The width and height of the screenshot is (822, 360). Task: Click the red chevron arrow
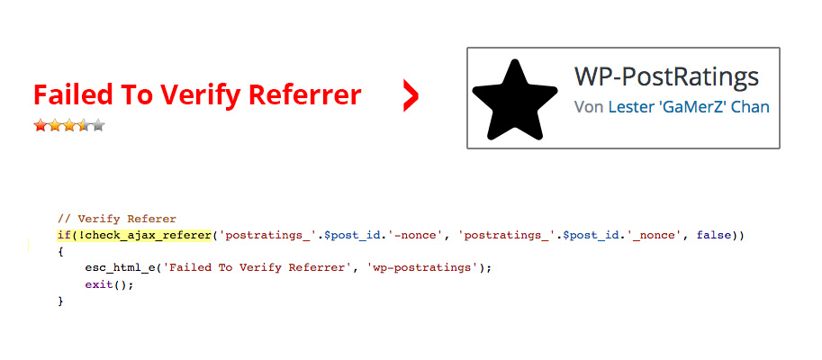point(411,96)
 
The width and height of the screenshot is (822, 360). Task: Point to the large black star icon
point(515,100)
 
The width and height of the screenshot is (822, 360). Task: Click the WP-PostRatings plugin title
point(666,76)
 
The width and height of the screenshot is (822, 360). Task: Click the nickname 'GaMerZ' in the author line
point(690,107)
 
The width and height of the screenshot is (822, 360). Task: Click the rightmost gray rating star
point(98,125)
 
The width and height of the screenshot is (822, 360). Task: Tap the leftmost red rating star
point(40,125)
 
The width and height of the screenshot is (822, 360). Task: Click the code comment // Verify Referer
point(117,219)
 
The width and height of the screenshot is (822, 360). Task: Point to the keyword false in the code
point(713,235)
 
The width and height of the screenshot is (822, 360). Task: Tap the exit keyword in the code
point(99,285)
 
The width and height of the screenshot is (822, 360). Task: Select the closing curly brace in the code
point(60,301)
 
